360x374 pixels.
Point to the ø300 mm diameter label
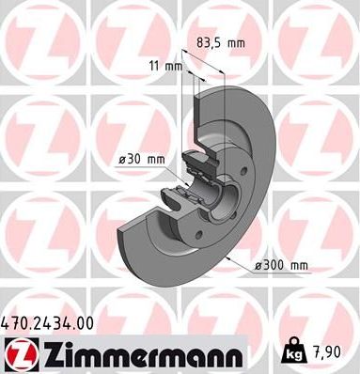281,266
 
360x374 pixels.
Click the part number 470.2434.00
48,323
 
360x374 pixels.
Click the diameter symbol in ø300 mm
258,266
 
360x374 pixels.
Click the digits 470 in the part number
16,323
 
